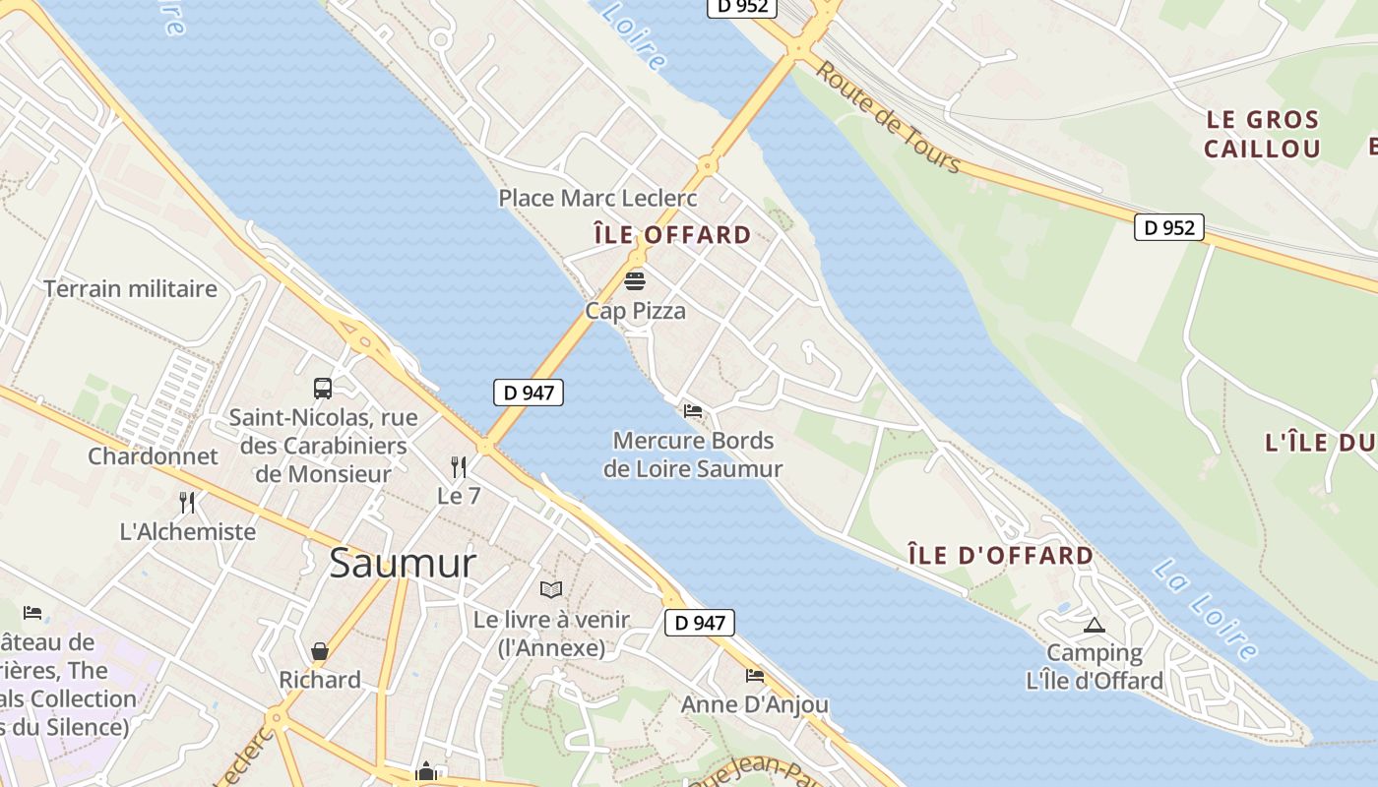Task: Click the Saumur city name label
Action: coord(403,564)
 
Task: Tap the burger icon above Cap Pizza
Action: coord(635,281)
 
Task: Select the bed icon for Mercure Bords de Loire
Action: coord(693,411)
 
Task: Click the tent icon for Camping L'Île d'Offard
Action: coord(1093,625)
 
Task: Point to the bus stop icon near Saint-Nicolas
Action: coord(323,389)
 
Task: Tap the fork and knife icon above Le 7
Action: coord(459,466)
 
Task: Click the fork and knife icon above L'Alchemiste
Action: coord(187,503)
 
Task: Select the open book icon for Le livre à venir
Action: coord(551,589)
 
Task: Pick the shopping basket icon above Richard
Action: coord(320,650)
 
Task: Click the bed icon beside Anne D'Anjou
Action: coord(755,676)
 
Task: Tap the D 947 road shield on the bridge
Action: coord(529,393)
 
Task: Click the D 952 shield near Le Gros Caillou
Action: coord(1169,227)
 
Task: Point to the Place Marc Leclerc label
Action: coord(597,198)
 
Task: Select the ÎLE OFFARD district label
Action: coord(672,235)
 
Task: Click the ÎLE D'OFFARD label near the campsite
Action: coord(1000,555)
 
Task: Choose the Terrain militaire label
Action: coord(130,289)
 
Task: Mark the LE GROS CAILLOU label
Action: coord(1262,135)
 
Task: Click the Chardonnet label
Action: coord(153,456)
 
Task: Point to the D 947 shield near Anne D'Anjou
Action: coord(700,623)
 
